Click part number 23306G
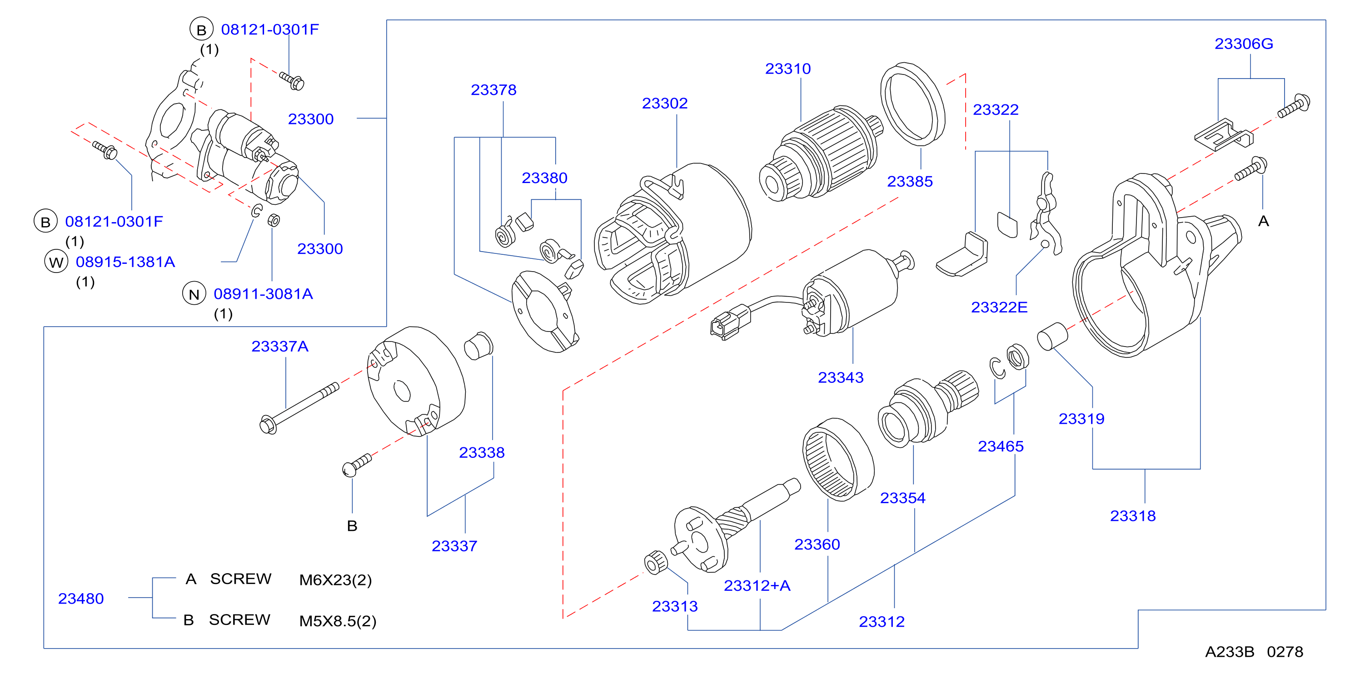point(1243,44)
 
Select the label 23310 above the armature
point(788,69)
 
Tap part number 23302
point(665,104)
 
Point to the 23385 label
point(910,182)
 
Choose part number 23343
point(841,378)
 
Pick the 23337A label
point(280,347)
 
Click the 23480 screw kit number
point(81,599)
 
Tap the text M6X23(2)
point(335,580)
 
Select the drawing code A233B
point(1229,652)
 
